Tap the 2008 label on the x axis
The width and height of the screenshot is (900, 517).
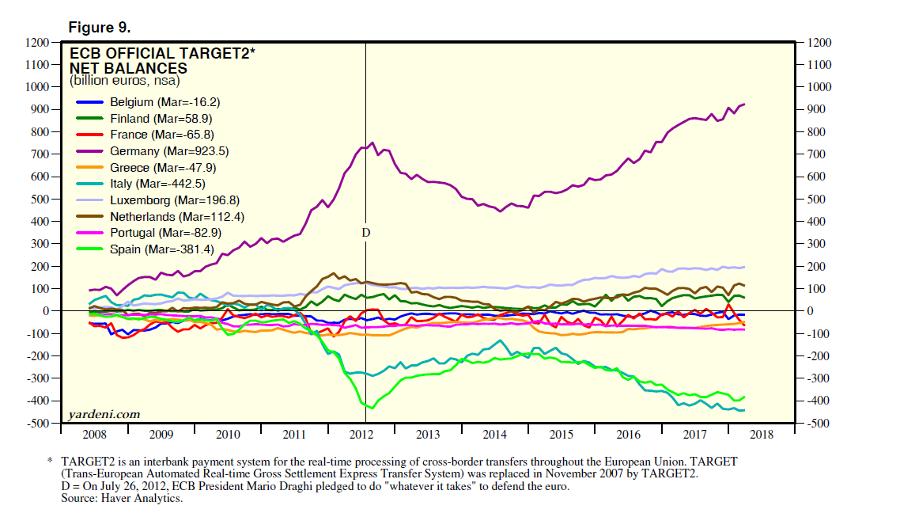pos(94,435)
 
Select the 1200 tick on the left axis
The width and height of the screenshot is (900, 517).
pos(37,42)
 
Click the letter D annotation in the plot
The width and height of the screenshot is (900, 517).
pos(365,233)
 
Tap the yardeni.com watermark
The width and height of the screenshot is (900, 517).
pos(104,413)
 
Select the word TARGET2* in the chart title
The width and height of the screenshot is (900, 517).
pos(217,55)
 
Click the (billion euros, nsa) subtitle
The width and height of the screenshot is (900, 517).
pos(125,80)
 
